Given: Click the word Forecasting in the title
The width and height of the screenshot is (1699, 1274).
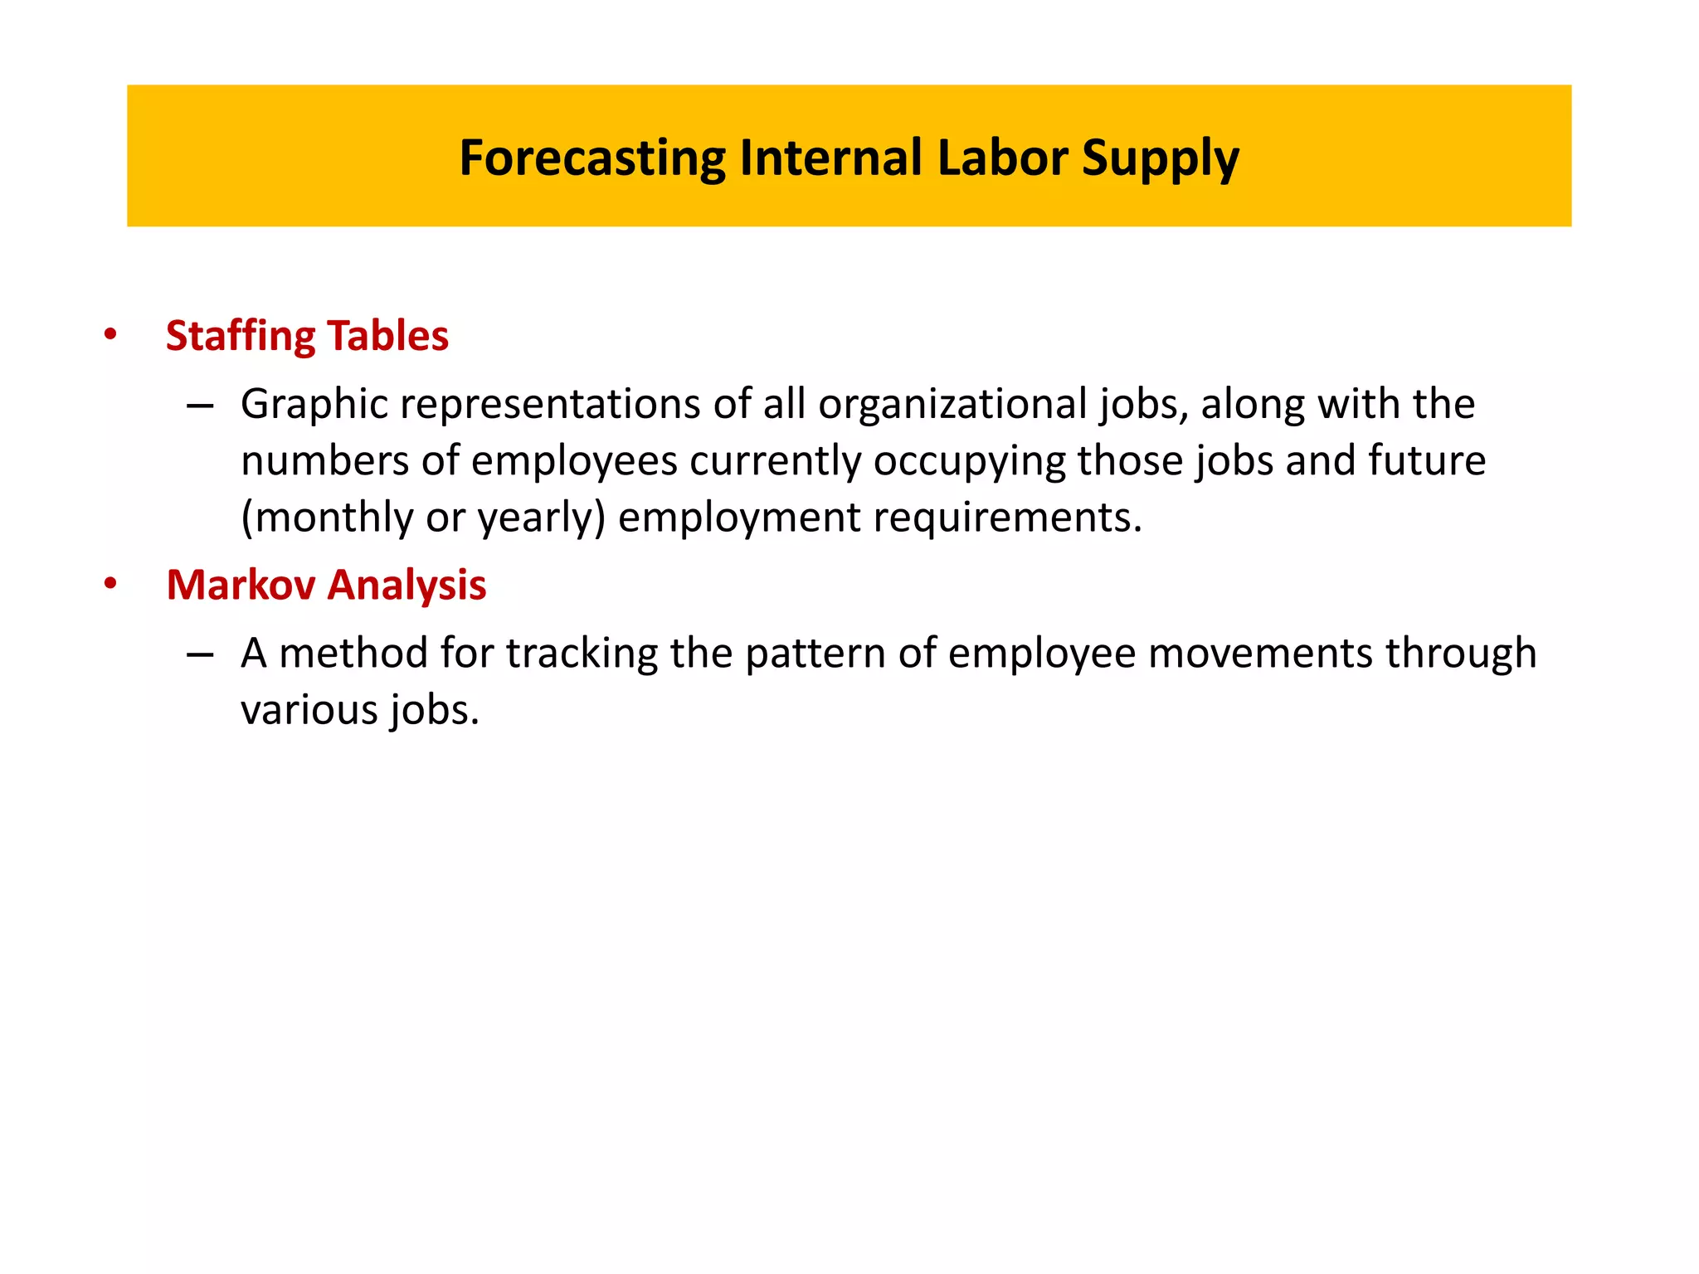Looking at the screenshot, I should point(592,158).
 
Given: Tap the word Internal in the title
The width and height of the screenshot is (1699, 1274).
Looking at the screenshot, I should point(830,158).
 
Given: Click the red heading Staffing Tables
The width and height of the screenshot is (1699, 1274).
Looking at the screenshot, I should point(307,336).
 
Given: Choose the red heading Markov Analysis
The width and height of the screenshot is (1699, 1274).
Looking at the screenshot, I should point(326,585).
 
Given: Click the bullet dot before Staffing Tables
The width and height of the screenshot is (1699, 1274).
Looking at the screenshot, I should point(110,336).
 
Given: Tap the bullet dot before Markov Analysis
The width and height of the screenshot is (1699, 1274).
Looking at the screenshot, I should point(110,585).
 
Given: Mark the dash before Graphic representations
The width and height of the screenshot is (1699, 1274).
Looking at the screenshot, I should point(200,406).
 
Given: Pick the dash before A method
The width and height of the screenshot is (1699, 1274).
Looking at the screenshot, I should point(200,654).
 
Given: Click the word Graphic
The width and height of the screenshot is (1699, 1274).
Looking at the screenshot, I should point(314,406).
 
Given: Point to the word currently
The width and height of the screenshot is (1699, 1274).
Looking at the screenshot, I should point(776,462).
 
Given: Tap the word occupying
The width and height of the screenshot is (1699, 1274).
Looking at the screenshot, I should point(969,462).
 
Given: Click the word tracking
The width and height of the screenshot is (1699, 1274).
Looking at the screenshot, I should point(582,654).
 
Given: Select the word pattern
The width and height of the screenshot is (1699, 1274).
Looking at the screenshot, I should point(815,654).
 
